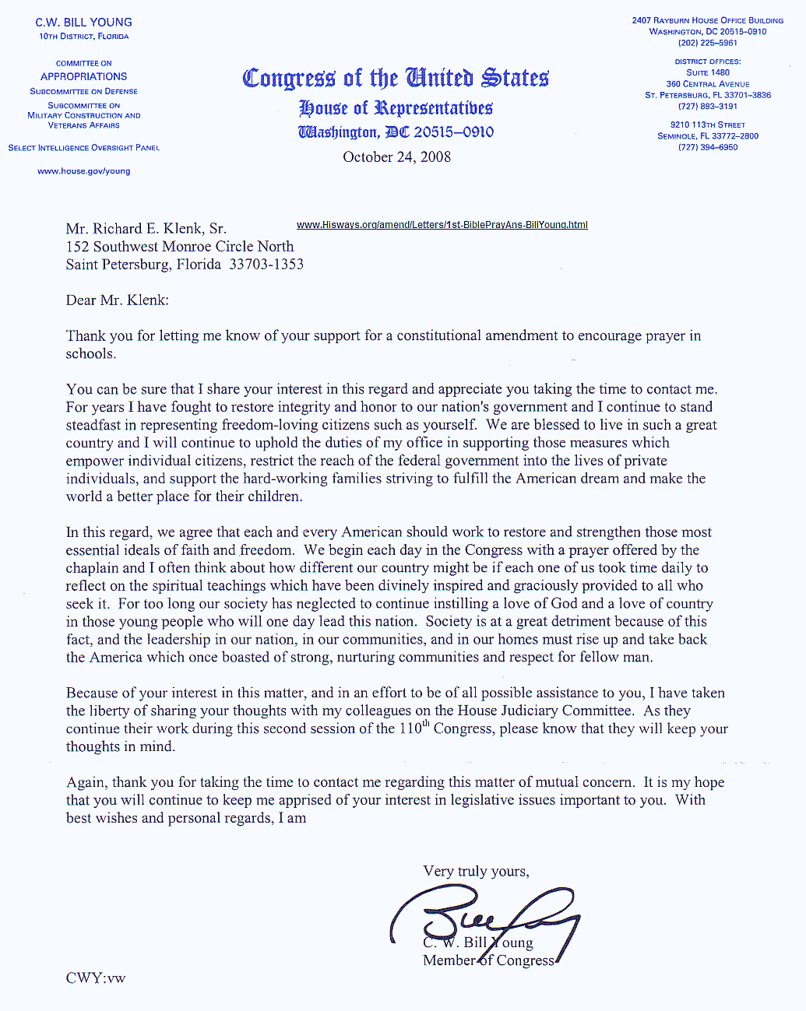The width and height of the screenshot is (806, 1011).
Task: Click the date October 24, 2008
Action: click(x=396, y=157)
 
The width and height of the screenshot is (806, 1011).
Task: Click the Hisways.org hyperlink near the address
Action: click(x=442, y=225)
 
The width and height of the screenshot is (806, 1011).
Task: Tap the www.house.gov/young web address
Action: click(x=84, y=171)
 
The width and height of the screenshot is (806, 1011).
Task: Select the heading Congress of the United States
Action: click(x=396, y=79)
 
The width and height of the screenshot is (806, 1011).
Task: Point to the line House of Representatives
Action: click(x=396, y=108)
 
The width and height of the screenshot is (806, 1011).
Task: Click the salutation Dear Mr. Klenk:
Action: click(x=117, y=300)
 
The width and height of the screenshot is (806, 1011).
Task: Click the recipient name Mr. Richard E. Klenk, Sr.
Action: click(x=146, y=229)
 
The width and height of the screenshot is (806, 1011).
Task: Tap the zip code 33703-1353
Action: click(x=266, y=265)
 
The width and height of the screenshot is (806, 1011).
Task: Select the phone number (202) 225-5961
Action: click(x=707, y=43)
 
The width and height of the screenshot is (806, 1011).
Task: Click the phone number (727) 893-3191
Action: click(x=707, y=106)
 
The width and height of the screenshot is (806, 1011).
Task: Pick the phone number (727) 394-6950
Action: click(x=707, y=147)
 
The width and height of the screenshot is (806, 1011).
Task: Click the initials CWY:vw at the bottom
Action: click(x=95, y=978)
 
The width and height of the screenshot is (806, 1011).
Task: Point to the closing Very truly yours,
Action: click(x=476, y=872)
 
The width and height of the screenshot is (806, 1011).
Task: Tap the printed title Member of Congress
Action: click(x=488, y=960)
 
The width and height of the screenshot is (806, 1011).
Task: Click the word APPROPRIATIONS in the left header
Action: click(x=84, y=76)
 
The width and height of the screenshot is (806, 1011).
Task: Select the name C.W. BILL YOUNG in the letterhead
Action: click(x=84, y=23)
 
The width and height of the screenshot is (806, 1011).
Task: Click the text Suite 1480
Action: click(x=707, y=72)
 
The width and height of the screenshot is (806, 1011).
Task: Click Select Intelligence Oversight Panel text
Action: click(x=84, y=148)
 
